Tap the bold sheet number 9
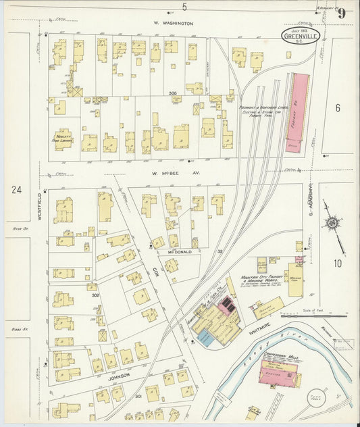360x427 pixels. click(342, 13)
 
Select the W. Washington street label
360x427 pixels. click(173, 24)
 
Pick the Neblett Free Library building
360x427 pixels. click(63, 139)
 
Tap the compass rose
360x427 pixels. click(332, 223)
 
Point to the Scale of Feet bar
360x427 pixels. click(326, 315)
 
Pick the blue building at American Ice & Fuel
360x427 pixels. click(205, 338)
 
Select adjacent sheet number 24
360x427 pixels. click(16, 190)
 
